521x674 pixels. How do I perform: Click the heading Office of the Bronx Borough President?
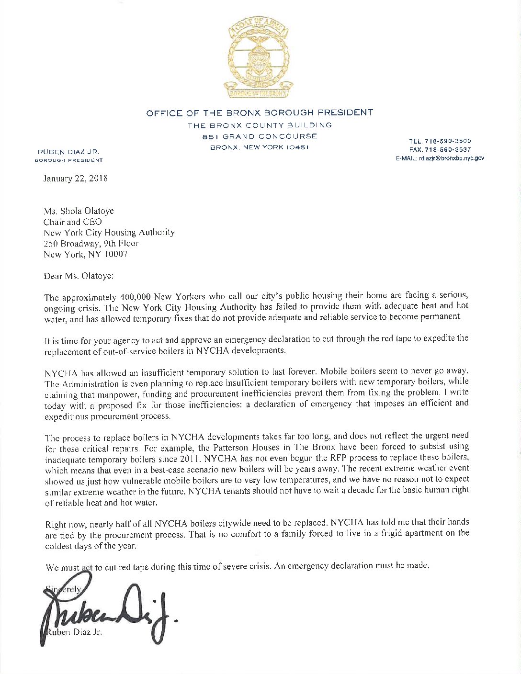(x=260, y=113)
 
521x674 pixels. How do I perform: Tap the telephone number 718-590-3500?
(x=447, y=141)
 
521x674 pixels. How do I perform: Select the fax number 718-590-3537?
(x=447, y=149)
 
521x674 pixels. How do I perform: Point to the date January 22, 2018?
(x=76, y=179)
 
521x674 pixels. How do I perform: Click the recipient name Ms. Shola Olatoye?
(x=79, y=211)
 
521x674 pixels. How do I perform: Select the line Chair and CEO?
(x=73, y=222)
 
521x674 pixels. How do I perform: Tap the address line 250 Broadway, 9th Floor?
(x=91, y=243)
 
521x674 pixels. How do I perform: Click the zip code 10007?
(x=116, y=254)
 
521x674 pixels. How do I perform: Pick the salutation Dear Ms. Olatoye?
(x=79, y=276)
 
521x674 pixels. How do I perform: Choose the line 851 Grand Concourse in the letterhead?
(x=260, y=136)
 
